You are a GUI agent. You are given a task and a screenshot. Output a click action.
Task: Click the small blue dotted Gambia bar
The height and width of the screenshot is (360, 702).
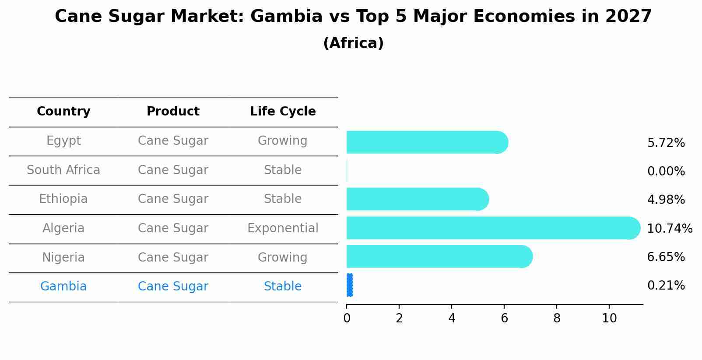click(349, 285)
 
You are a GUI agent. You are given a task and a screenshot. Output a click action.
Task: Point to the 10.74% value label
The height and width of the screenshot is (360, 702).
click(669, 229)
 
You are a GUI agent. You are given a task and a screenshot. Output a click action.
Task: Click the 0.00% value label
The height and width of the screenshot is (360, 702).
click(666, 171)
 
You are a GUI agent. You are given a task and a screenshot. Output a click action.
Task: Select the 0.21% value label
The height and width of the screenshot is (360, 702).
click(666, 286)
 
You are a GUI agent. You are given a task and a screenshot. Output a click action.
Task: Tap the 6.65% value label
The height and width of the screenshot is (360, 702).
click(666, 257)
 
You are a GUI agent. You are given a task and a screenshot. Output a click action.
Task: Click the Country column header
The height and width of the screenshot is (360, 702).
click(63, 112)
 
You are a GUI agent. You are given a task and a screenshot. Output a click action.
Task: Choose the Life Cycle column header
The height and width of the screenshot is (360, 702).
click(283, 112)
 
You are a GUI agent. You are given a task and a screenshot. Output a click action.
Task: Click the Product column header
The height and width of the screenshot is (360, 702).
click(173, 112)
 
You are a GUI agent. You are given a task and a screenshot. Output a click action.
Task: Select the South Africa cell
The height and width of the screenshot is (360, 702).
click(63, 170)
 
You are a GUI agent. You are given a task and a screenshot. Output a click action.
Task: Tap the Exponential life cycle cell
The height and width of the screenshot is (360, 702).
click(283, 228)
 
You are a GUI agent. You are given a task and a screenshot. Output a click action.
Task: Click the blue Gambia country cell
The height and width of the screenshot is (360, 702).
click(63, 287)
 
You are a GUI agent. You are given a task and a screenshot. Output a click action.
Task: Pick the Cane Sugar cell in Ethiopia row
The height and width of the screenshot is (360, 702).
click(173, 199)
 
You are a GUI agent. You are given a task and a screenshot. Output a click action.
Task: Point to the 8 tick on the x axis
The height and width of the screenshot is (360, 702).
click(557, 318)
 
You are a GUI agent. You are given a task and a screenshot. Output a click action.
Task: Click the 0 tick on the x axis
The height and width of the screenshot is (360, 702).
click(347, 318)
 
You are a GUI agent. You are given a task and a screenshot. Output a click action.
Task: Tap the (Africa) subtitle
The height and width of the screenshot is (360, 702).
click(353, 43)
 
